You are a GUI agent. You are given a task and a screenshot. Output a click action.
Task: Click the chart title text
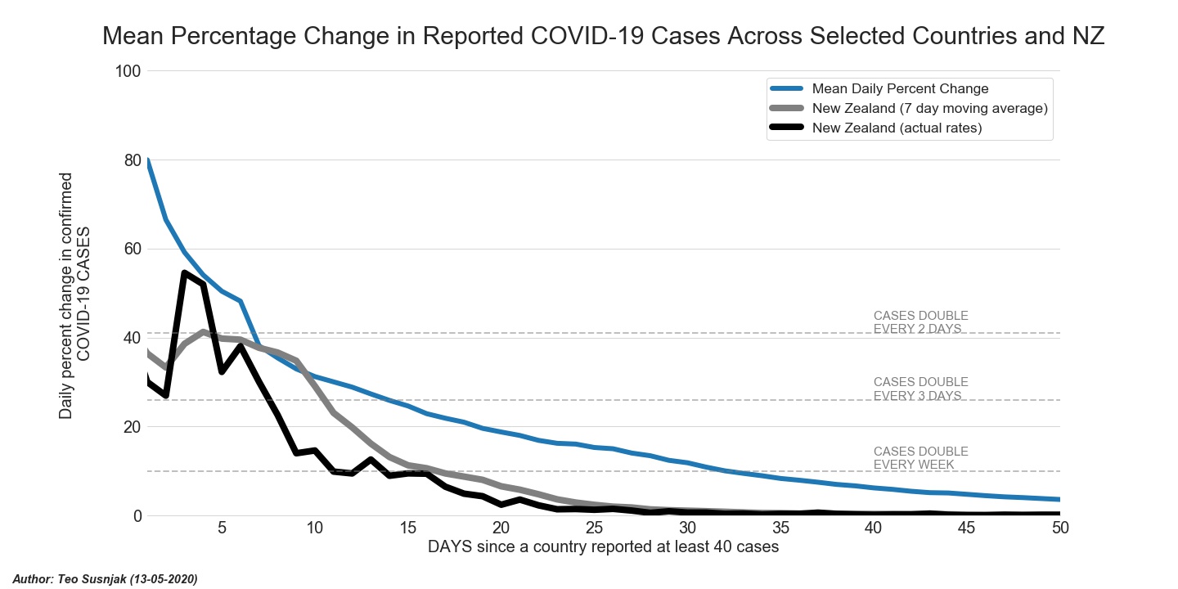click(x=604, y=37)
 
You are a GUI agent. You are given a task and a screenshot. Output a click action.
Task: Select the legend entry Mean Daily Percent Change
click(x=900, y=89)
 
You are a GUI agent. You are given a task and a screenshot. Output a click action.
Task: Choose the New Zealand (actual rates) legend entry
click(x=897, y=128)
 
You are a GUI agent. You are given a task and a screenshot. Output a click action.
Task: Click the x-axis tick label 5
click(x=222, y=528)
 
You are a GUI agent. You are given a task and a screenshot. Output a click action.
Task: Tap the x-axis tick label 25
click(x=594, y=528)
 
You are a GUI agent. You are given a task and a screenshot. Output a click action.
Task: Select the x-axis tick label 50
click(x=1059, y=528)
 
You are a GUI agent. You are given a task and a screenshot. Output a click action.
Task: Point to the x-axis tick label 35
click(x=780, y=528)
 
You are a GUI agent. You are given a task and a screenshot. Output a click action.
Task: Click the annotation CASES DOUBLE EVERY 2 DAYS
click(x=920, y=322)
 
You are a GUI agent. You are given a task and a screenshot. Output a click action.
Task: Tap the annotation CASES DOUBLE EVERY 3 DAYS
click(x=920, y=389)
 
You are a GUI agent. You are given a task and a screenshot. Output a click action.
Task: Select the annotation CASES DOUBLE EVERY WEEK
click(x=920, y=458)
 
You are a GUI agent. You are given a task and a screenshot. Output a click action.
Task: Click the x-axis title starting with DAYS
click(x=603, y=547)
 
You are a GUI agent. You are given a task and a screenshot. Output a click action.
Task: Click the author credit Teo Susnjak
click(x=106, y=579)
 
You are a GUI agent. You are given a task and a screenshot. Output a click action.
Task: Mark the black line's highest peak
click(x=185, y=272)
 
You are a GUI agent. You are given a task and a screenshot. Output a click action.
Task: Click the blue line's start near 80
click(x=148, y=160)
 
